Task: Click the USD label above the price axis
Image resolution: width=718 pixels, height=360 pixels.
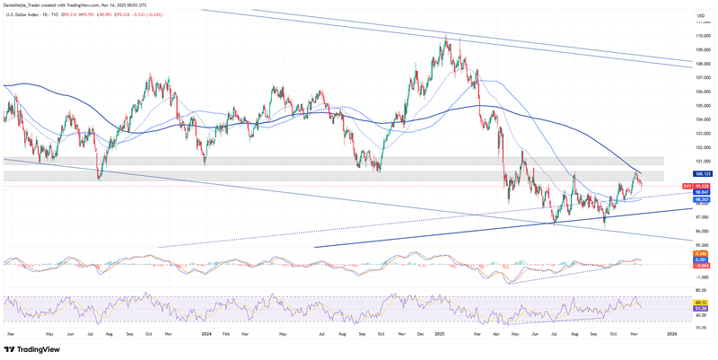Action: (x=699, y=16)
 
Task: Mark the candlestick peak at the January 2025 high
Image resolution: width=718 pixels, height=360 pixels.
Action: (x=445, y=37)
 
